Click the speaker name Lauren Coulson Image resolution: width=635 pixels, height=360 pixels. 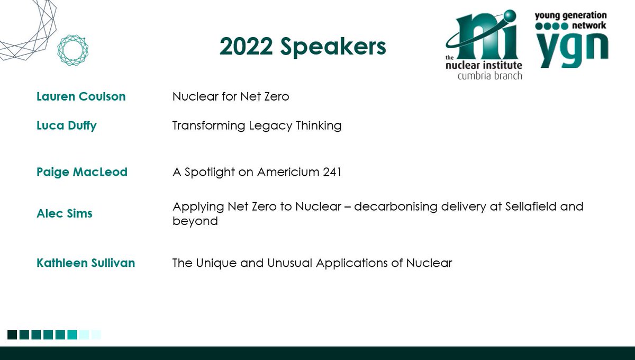pyautogui.click(x=81, y=96)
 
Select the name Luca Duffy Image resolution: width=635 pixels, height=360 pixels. pyautogui.click(x=67, y=126)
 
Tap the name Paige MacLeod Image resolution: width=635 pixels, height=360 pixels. pyautogui.click(x=82, y=172)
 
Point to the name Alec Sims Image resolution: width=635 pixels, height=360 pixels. pyautogui.click(x=65, y=213)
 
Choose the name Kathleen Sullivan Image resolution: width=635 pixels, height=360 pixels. pyautogui.click(x=86, y=263)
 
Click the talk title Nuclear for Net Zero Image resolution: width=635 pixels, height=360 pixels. pyautogui.click(x=231, y=96)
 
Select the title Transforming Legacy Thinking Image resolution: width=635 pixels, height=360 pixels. pyautogui.click(x=257, y=126)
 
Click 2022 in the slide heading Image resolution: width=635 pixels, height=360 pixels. pyautogui.click(x=247, y=47)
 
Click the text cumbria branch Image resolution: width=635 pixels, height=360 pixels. pyautogui.click(x=489, y=76)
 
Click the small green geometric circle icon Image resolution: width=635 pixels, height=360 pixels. pyautogui.click(x=72, y=51)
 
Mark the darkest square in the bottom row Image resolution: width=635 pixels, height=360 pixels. pyautogui.click(x=12, y=335)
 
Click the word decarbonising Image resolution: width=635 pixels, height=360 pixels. pyautogui.click(x=400, y=206)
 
